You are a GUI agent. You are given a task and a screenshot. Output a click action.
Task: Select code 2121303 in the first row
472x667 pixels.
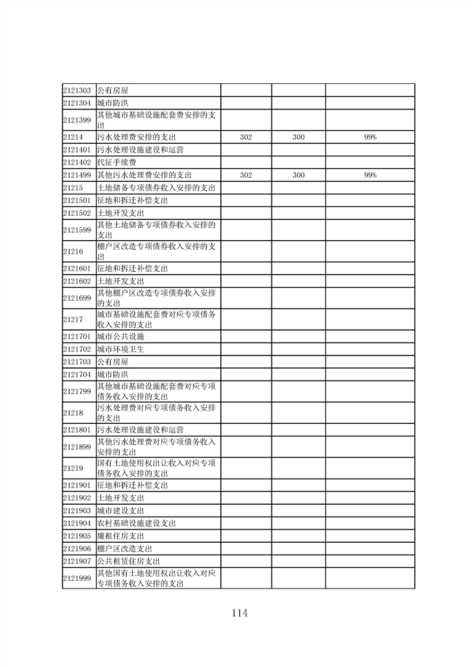pyautogui.click(x=77, y=91)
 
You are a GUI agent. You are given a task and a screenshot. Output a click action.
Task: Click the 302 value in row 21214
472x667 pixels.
pyautogui.click(x=246, y=137)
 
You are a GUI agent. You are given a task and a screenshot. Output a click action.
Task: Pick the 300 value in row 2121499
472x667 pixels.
pyautogui.click(x=298, y=175)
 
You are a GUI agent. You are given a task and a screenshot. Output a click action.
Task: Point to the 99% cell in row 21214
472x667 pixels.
pyautogui.click(x=370, y=137)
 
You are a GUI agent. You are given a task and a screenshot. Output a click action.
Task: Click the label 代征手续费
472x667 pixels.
pyautogui.click(x=116, y=162)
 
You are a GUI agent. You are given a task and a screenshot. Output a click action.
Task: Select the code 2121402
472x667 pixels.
pyautogui.click(x=77, y=162)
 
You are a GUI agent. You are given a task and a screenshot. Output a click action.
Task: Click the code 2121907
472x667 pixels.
pyautogui.click(x=77, y=561)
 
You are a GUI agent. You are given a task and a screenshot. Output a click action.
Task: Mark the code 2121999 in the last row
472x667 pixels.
pyautogui.click(x=77, y=578)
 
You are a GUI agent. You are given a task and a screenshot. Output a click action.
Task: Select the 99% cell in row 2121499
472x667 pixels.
pyautogui.click(x=370, y=175)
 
